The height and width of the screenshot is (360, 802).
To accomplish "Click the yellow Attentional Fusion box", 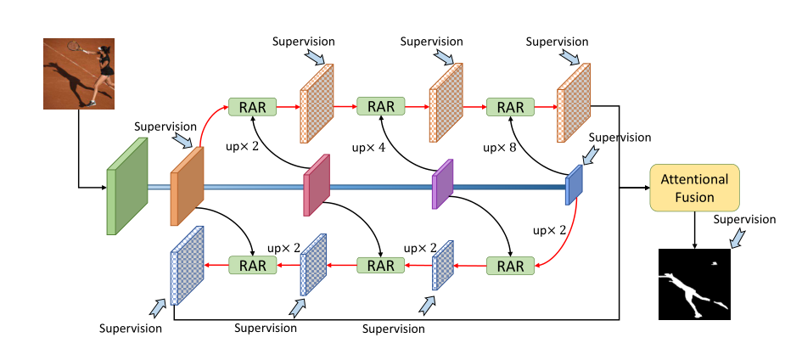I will coord(694,188).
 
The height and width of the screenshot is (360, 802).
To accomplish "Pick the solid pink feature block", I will coord(316,184).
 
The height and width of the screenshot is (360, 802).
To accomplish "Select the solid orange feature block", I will coord(187,186).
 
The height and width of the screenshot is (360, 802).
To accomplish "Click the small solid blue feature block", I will coord(575,184).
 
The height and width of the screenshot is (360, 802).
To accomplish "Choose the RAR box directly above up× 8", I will coord(510,107).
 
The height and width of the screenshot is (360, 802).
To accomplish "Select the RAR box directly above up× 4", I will coord(381,107).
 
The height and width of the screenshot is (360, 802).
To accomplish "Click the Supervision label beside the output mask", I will coord(744,219).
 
